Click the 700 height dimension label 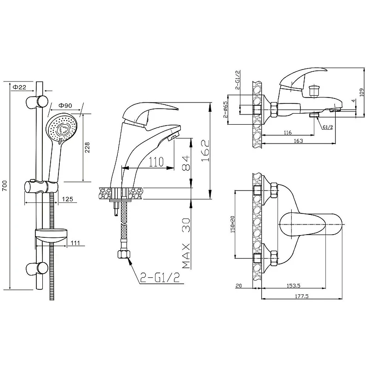tap(5, 186)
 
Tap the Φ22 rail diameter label tap(19, 87)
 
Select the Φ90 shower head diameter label tap(65, 106)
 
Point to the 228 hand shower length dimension tap(87, 147)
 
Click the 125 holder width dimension tap(68, 199)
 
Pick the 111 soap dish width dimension tap(75, 243)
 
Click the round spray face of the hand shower tap(62, 128)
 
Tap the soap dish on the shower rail tap(51, 236)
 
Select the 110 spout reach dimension tap(156, 162)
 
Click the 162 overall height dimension tap(206, 151)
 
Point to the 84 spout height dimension tap(186, 163)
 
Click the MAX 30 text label tap(186, 243)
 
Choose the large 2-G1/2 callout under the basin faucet tap(160, 278)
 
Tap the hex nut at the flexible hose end tap(124, 254)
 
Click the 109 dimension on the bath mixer tap(362, 92)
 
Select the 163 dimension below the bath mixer tap(298, 141)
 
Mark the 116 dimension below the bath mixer tap(288, 132)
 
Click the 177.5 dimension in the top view tap(302, 296)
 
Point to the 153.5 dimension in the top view tap(293, 286)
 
